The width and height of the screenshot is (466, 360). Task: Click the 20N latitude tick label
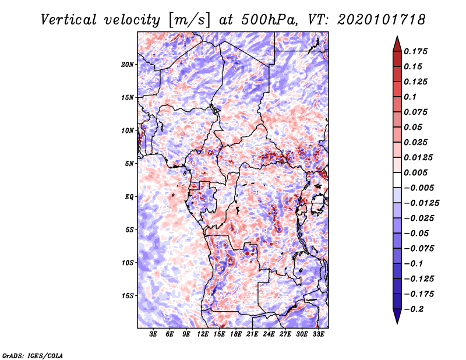128,65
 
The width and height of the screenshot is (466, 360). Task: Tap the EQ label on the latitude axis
129,197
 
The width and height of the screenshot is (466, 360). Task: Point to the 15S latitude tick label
128,296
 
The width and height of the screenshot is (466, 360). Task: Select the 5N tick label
129,164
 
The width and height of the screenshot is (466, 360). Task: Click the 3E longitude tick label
153,334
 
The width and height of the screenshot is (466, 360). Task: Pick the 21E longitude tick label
252,334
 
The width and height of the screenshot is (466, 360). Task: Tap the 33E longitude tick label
318,334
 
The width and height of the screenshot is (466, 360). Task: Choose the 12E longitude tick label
203,334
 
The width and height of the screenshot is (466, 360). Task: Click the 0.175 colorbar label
415,51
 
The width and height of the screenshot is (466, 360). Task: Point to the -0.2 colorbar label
414,309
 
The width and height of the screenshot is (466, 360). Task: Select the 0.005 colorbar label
415,172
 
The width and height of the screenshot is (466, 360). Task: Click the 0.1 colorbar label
410,97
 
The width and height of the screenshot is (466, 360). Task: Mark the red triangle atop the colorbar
397,44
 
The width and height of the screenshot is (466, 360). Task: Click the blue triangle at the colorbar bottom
397,316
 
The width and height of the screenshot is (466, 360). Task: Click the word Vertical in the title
69,20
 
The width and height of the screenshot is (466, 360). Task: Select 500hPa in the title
269,20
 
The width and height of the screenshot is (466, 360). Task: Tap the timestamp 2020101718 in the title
381,20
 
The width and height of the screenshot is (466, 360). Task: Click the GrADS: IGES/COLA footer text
33,356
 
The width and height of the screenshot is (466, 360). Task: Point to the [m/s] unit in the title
189,20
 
